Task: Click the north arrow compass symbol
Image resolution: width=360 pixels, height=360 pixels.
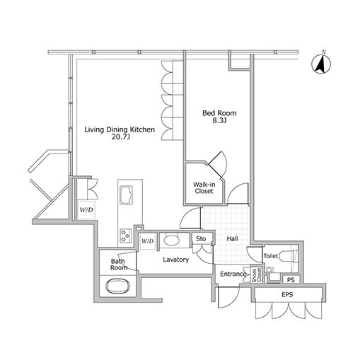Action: pyautogui.click(x=321, y=64)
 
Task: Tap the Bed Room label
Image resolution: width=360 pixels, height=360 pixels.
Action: pyautogui.click(x=219, y=113)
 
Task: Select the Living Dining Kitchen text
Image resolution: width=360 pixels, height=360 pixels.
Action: pyautogui.click(x=120, y=129)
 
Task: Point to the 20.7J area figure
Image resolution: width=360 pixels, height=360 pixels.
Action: pyautogui.click(x=121, y=137)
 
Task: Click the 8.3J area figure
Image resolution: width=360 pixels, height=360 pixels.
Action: pyautogui.click(x=219, y=121)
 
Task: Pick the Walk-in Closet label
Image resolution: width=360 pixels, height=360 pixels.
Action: pyautogui.click(x=204, y=187)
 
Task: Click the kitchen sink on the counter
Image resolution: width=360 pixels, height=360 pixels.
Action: pyautogui.click(x=126, y=195)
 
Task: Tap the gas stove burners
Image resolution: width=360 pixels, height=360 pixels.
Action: pyautogui.click(x=125, y=236)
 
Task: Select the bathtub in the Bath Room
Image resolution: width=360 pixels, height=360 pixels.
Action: pyautogui.click(x=117, y=286)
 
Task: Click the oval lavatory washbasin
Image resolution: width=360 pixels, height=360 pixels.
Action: pyautogui.click(x=172, y=240)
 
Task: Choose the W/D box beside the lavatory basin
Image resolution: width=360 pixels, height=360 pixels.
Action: pyautogui.click(x=148, y=241)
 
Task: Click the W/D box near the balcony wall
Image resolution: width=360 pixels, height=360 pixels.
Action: pyautogui.click(x=86, y=209)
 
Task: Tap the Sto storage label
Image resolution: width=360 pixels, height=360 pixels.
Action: pyautogui.click(x=201, y=239)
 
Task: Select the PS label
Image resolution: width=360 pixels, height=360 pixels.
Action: pyautogui.click(x=291, y=280)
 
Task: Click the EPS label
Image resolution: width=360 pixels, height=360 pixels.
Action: pyautogui.click(x=287, y=294)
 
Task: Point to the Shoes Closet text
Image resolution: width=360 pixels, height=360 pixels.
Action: pyautogui.click(x=257, y=275)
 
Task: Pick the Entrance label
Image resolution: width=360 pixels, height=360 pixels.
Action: pyautogui.click(x=233, y=274)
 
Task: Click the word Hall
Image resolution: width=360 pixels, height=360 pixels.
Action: pyautogui.click(x=232, y=239)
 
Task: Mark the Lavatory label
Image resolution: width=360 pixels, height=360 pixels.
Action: pyautogui.click(x=176, y=260)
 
